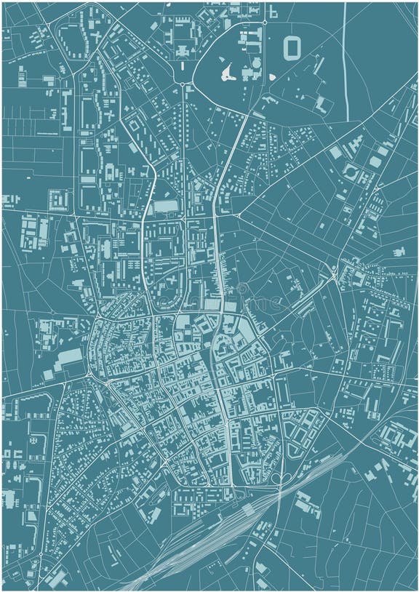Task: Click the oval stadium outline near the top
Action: pos(292,48)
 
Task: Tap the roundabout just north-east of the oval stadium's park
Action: pos(265,23)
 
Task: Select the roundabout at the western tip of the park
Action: pos(182,84)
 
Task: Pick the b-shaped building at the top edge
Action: pos(273,12)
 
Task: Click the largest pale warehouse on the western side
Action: pos(71,357)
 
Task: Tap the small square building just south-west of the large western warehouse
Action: pos(49,375)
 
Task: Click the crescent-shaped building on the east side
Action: pos(351,173)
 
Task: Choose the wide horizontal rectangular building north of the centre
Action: pos(165,207)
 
